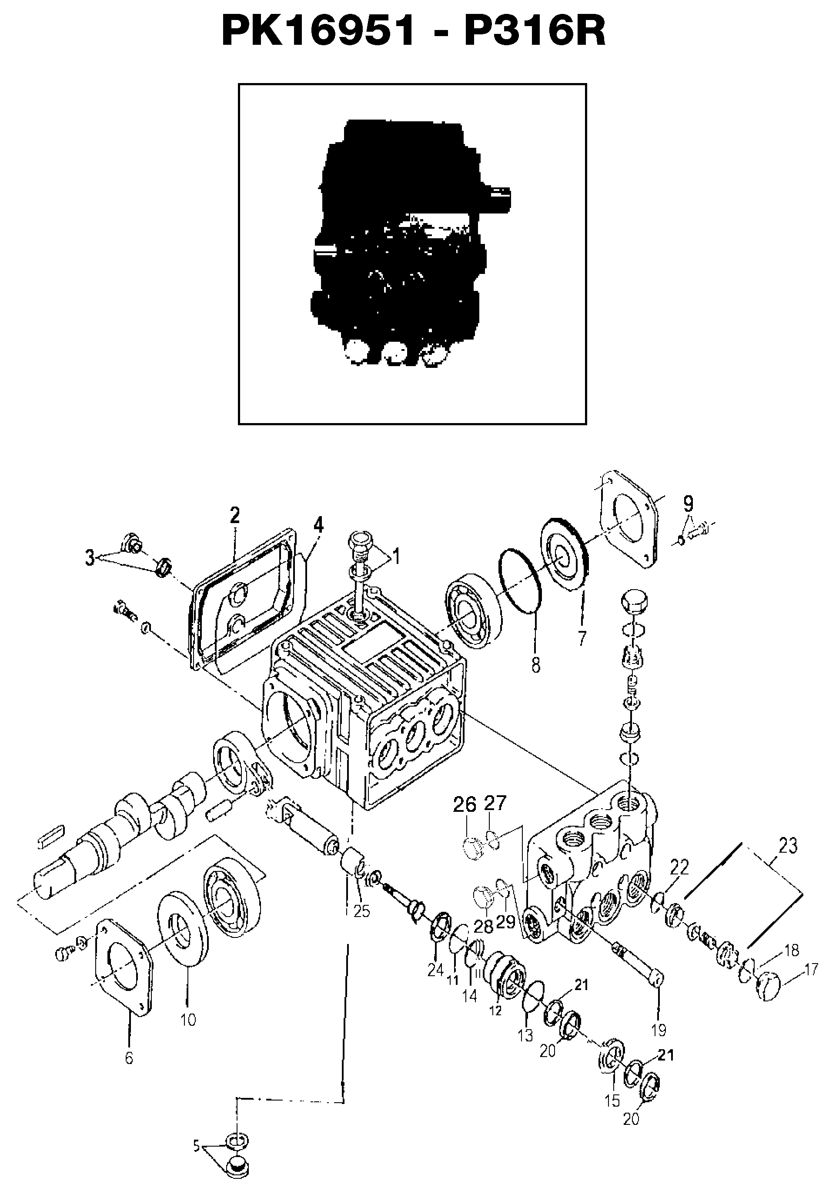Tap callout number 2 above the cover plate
(x=235, y=516)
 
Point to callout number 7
(x=582, y=638)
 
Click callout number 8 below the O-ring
(x=535, y=664)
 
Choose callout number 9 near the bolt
(x=688, y=503)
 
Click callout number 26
(x=465, y=805)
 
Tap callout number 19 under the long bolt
(x=658, y=1030)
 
